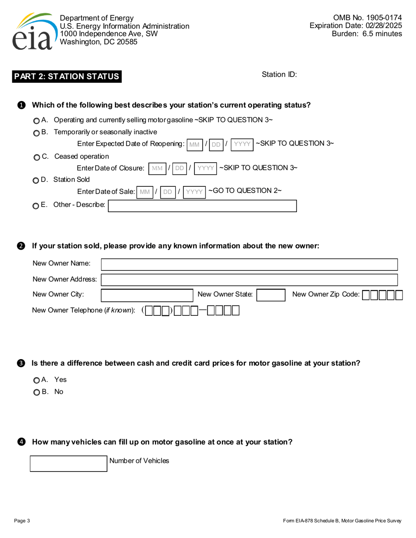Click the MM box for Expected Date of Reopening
(x=194, y=144)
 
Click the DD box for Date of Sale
(x=168, y=192)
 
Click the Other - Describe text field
(x=202, y=206)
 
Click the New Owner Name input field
(x=250, y=265)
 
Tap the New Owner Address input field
(x=250, y=280)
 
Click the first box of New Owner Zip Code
(x=366, y=296)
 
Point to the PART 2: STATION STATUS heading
(x=67, y=77)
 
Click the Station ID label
(x=279, y=74)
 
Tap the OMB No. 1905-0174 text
(x=367, y=18)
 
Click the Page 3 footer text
(x=22, y=521)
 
